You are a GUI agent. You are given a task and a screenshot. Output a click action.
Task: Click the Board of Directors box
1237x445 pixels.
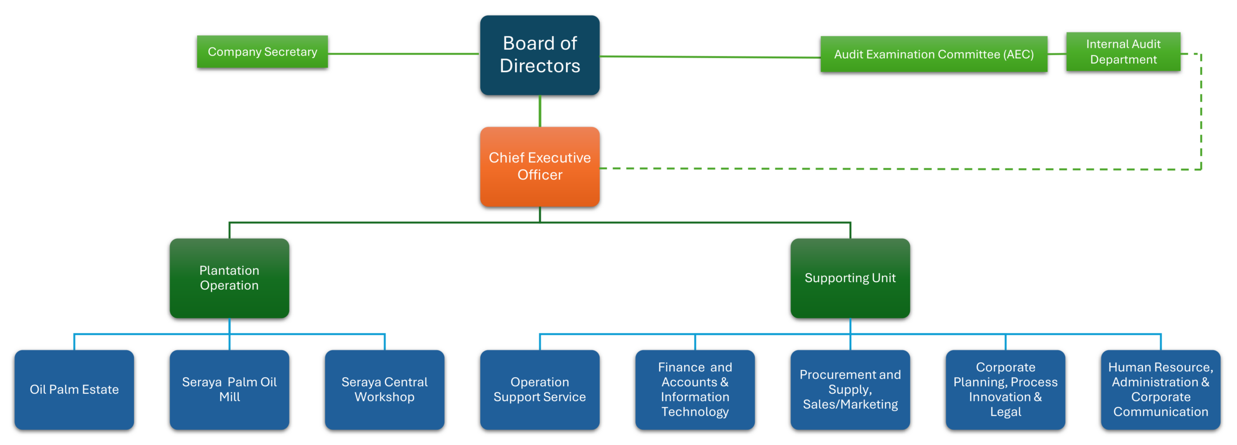coord(540,55)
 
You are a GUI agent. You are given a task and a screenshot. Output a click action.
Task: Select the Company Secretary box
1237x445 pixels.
coord(262,52)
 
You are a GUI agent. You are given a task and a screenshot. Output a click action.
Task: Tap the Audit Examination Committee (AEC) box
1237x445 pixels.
coord(934,54)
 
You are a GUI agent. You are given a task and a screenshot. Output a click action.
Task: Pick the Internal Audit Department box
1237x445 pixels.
coord(1123,52)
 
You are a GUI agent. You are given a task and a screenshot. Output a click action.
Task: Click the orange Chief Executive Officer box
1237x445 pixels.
coord(540,167)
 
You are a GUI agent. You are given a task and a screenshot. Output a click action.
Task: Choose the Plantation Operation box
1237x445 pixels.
coord(230,278)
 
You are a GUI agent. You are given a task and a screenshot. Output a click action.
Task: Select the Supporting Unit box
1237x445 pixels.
coord(850,278)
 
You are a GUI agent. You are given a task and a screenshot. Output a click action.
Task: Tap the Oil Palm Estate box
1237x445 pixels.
coord(74,390)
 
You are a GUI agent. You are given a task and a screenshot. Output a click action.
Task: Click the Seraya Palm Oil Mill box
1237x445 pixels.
coord(230,390)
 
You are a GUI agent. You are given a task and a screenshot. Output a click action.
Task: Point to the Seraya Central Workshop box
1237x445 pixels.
coord(385,390)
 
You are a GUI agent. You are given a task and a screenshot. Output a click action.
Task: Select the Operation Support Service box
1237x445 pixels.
coord(540,390)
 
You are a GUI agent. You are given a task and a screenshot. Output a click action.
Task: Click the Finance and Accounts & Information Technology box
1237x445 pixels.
coord(695,390)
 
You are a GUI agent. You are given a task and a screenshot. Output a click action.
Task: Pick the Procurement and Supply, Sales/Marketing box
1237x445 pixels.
coord(850,390)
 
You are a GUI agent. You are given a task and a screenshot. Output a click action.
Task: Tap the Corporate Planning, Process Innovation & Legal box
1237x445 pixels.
coord(1006,390)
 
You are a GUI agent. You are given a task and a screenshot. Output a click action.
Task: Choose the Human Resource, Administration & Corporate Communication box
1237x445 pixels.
coord(1161,390)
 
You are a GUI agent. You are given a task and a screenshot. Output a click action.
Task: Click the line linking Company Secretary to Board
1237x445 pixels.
coord(404,54)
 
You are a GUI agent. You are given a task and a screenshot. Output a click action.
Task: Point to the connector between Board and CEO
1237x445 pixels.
coord(540,111)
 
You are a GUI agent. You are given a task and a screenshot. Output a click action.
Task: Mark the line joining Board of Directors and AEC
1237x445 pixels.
coord(710,57)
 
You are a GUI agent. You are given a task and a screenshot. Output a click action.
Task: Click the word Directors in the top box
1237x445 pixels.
coord(540,66)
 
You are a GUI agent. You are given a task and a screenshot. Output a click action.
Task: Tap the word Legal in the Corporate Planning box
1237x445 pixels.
coord(1006,412)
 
